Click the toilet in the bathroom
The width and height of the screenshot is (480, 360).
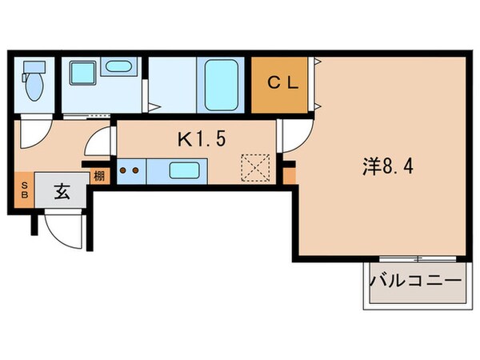(x=34, y=83)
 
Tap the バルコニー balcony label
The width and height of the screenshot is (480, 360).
(x=415, y=282)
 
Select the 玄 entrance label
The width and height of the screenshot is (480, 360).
(x=62, y=192)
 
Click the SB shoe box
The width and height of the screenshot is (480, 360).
(x=22, y=193)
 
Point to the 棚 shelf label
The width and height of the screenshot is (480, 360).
(x=98, y=176)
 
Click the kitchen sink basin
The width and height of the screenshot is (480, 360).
(x=186, y=170)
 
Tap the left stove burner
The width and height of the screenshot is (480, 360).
(x=124, y=170)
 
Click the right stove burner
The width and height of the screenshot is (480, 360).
(x=136, y=170)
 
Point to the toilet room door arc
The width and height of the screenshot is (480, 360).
(x=34, y=132)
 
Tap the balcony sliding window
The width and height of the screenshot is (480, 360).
(x=415, y=258)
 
